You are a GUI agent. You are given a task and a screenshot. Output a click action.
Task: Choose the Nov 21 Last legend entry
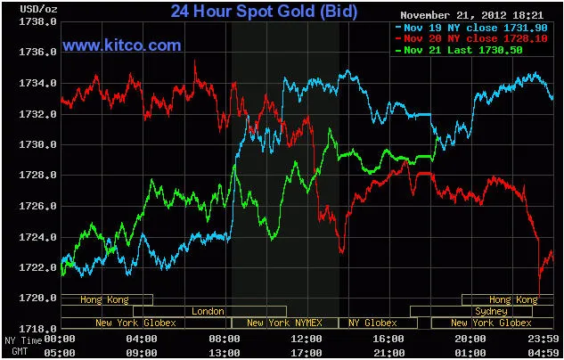(457, 51)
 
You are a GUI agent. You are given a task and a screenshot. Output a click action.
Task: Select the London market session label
(208, 311)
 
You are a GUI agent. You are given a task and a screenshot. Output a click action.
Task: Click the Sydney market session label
(491, 311)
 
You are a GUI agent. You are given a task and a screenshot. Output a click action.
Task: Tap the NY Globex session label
(373, 323)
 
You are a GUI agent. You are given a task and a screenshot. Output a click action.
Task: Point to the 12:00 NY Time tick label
(307, 340)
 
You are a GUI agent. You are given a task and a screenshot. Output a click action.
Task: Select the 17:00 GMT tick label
(307, 352)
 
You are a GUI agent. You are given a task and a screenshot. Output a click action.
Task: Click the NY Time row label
(23, 340)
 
